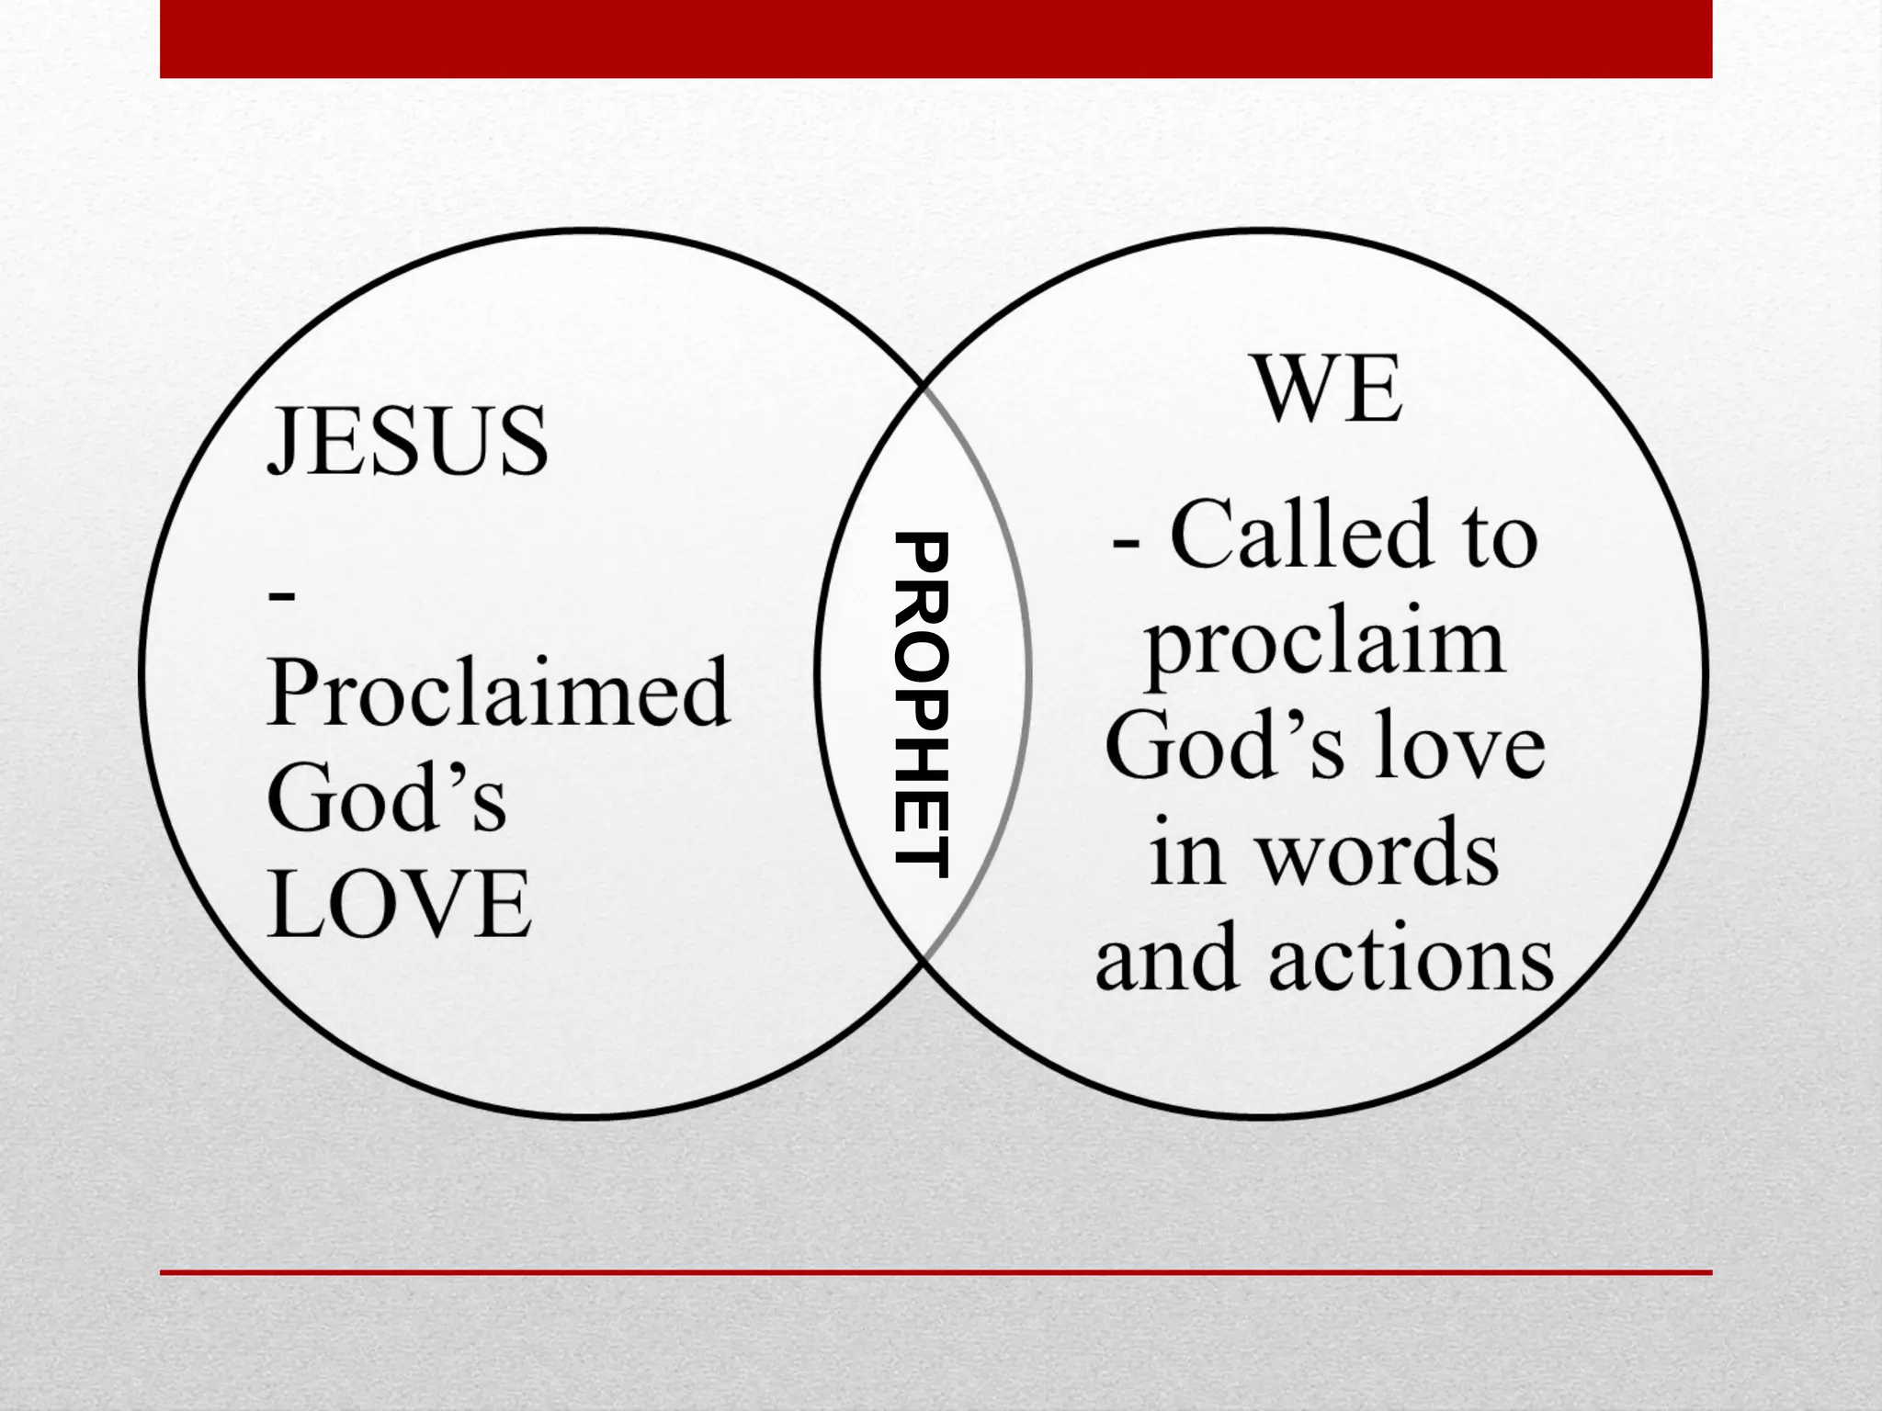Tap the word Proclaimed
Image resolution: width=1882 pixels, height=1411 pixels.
(499, 694)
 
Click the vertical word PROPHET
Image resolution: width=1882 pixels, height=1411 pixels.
(921, 705)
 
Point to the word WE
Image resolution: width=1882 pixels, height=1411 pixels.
(1329, 389)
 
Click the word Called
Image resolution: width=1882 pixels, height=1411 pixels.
(1302, 535)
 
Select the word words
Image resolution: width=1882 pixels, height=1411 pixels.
(1377, 854)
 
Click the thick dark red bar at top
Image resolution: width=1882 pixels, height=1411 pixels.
(935, 39)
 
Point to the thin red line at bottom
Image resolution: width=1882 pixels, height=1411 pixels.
(935, 1272)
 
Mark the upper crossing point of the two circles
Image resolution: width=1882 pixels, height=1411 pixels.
(924, 384)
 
